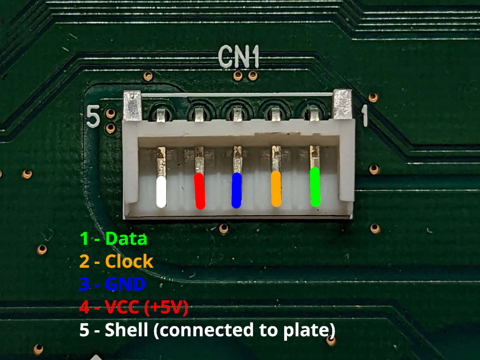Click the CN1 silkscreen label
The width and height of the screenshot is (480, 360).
pyautogui.click(x=239, y=57)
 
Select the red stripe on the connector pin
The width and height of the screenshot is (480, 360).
pyautogui.click(x=199, y=191)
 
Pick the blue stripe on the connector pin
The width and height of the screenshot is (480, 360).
pyautogui.click(x=236, y=190)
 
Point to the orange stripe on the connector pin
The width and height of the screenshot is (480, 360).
pyautogui.click(x=276, y=189)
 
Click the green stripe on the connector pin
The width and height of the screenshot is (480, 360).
pyautogui.click(x=315, y=187)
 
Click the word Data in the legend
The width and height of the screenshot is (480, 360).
pyautogui.click(x=126, y=238)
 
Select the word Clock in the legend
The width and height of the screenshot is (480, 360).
pyautogui.click(x=129, y=262)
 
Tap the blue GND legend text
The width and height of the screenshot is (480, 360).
pyautogui.click(x=124, y=284)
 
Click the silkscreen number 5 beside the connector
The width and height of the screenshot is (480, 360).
pyautogui.click(x=93, y=117)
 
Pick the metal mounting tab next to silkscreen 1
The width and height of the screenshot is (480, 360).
pyautogui.click(x=343, y=104)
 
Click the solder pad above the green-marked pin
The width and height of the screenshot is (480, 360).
pyautogui.click(x=314, y=112)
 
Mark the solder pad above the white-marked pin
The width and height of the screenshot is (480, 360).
pyautogui.click(x=161, y=114)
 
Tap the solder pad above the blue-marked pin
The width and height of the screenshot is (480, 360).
pyautogui.click(x=237, y=113)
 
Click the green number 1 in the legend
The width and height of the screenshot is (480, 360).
pyautogui.click(x=84, y=238)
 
